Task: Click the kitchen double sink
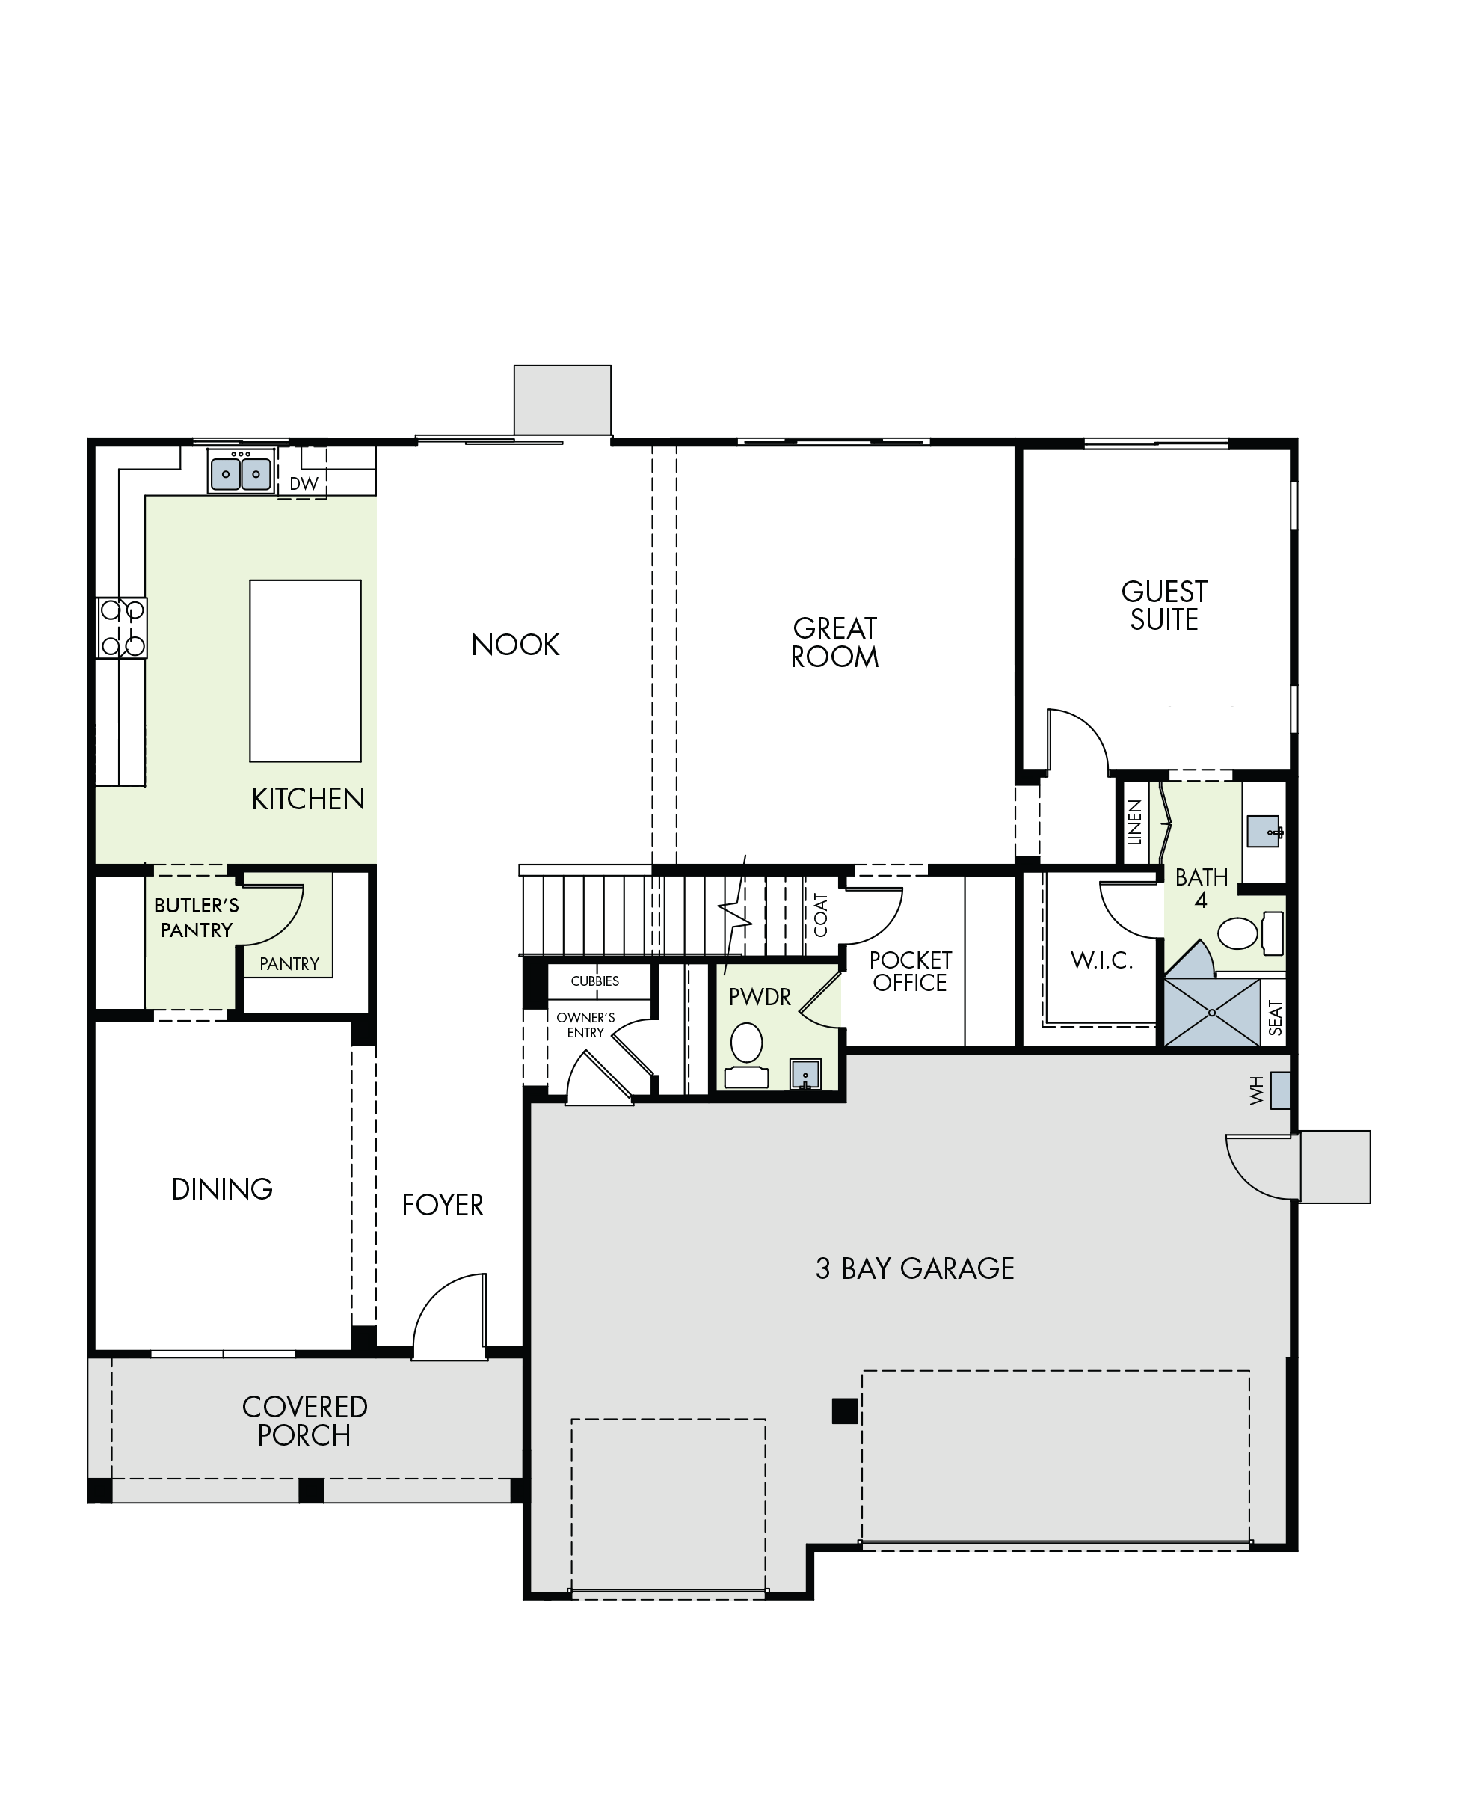(241, 472)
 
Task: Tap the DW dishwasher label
(304, 484)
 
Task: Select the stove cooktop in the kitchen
(122, 628)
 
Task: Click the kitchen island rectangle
(306, 670)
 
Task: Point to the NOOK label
(516, 645)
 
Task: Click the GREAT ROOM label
(835, 642)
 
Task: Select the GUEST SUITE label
(1164, 606)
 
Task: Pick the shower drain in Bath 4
(1212, 1013)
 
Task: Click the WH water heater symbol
(1280, 1090)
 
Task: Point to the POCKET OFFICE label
(911, 971)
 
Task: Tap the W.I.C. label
(1102, 960)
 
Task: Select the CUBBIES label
(594, 981)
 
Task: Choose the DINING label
(223, 1189)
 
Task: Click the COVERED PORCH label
(305, 1421)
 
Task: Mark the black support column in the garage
(845, 1411)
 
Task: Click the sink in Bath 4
(1263, 832)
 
